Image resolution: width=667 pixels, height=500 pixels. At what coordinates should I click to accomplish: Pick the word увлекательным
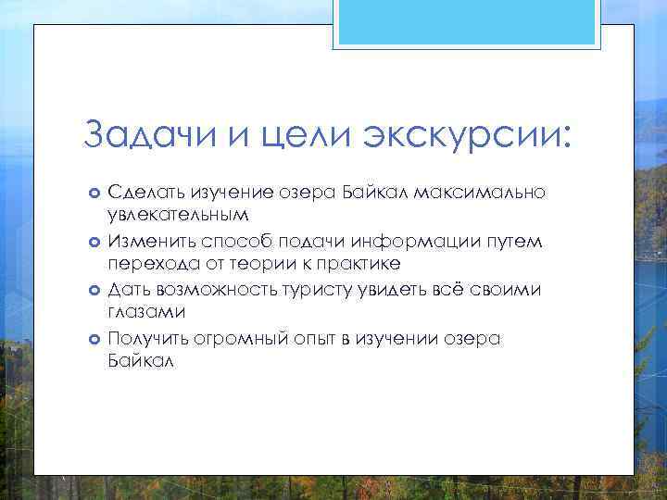click(x=179, y=216)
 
